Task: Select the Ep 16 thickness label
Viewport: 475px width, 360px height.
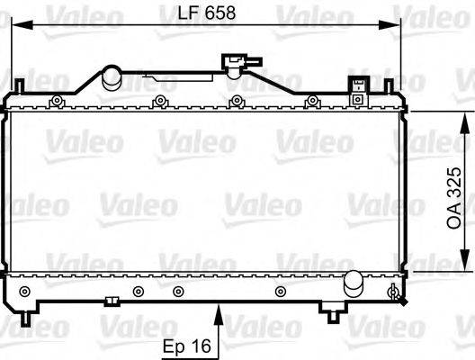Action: point(187,346)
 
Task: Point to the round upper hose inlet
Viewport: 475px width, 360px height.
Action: point(112,76)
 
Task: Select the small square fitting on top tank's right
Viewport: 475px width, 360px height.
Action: point(359,86)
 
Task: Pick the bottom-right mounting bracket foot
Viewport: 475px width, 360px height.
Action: point(333,310)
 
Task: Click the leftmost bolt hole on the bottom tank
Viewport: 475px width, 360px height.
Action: point(25,290)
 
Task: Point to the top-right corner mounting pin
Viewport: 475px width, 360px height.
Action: point(389,85)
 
